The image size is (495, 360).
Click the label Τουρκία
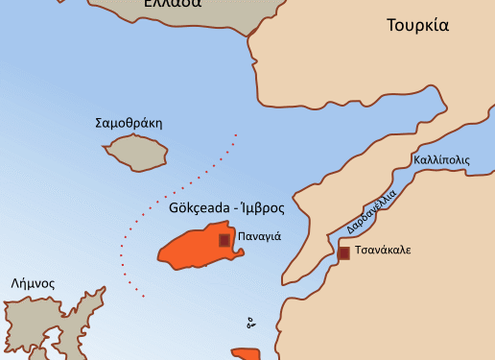417,25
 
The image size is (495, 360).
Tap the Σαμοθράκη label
130,123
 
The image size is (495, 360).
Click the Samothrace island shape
136,151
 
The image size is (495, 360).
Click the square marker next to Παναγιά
224,240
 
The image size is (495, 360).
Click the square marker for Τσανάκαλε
343,253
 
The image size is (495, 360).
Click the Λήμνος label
33,284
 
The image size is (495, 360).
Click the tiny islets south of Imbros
250,323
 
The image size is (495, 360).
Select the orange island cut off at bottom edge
247,354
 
